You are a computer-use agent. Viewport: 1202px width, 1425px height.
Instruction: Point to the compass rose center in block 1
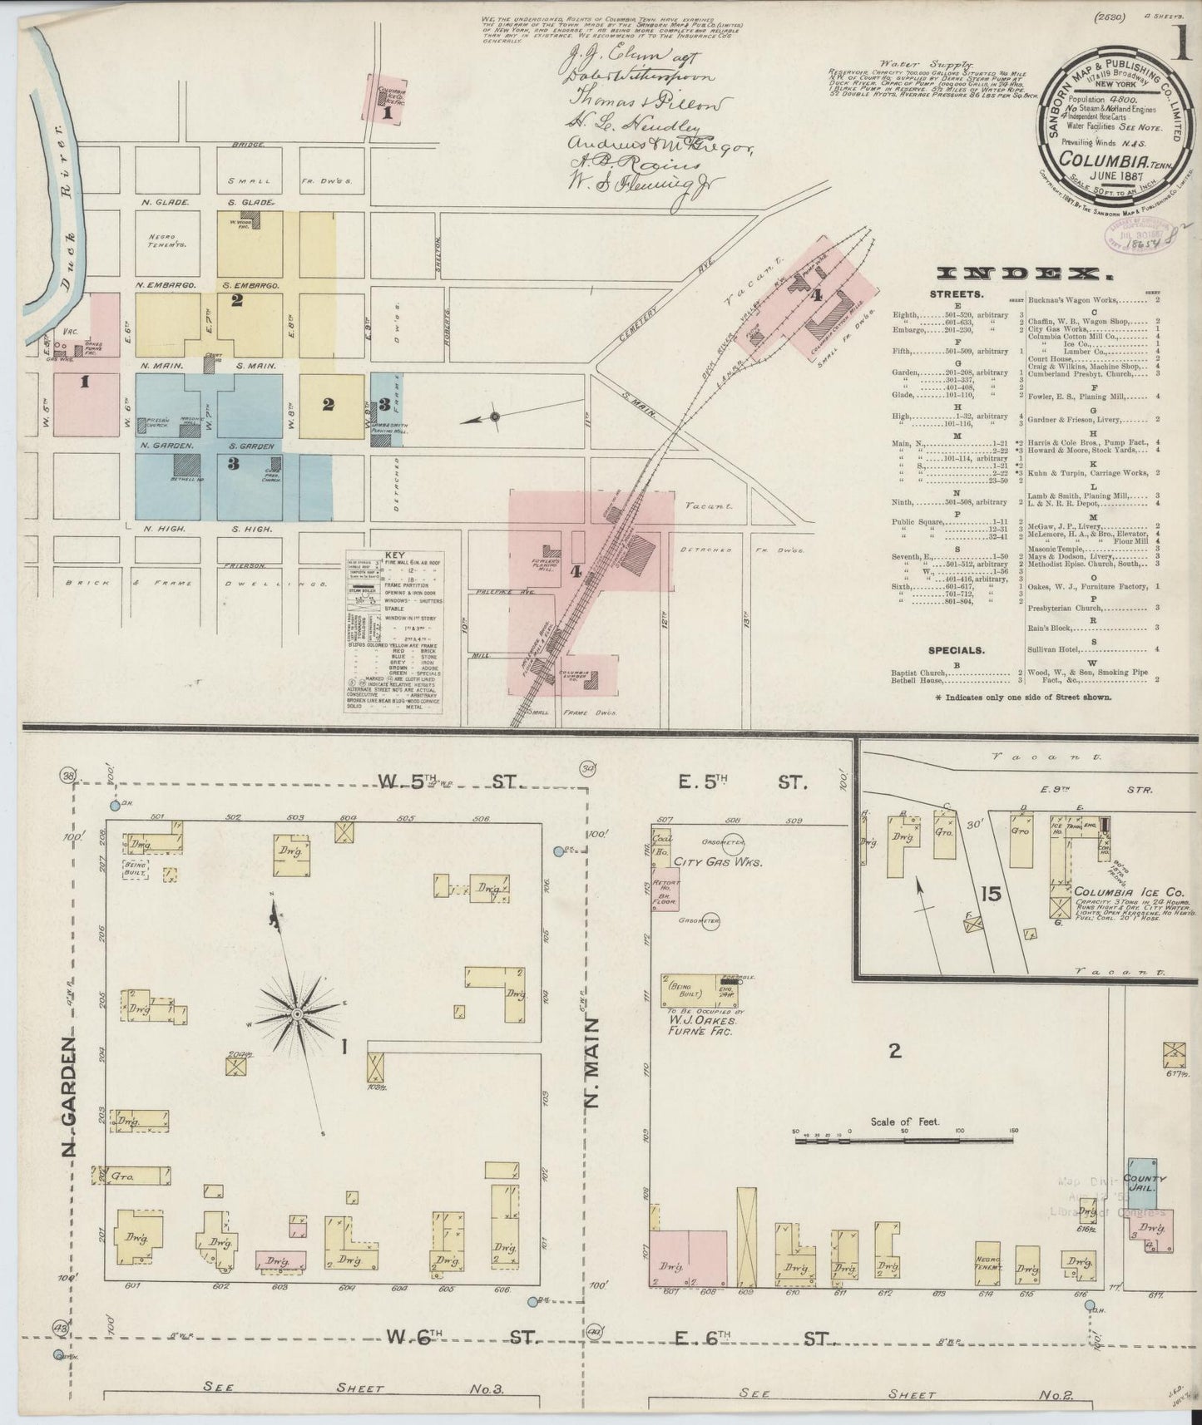click(296, 1015)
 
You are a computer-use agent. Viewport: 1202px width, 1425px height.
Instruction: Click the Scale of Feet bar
click(905, 1141)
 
